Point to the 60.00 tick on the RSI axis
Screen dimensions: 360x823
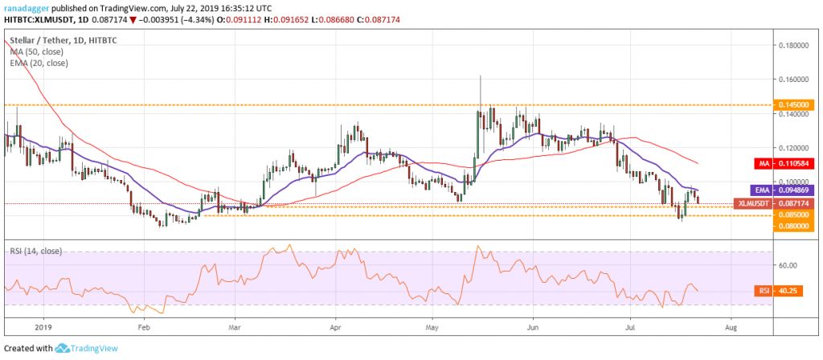coord(788,265)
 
